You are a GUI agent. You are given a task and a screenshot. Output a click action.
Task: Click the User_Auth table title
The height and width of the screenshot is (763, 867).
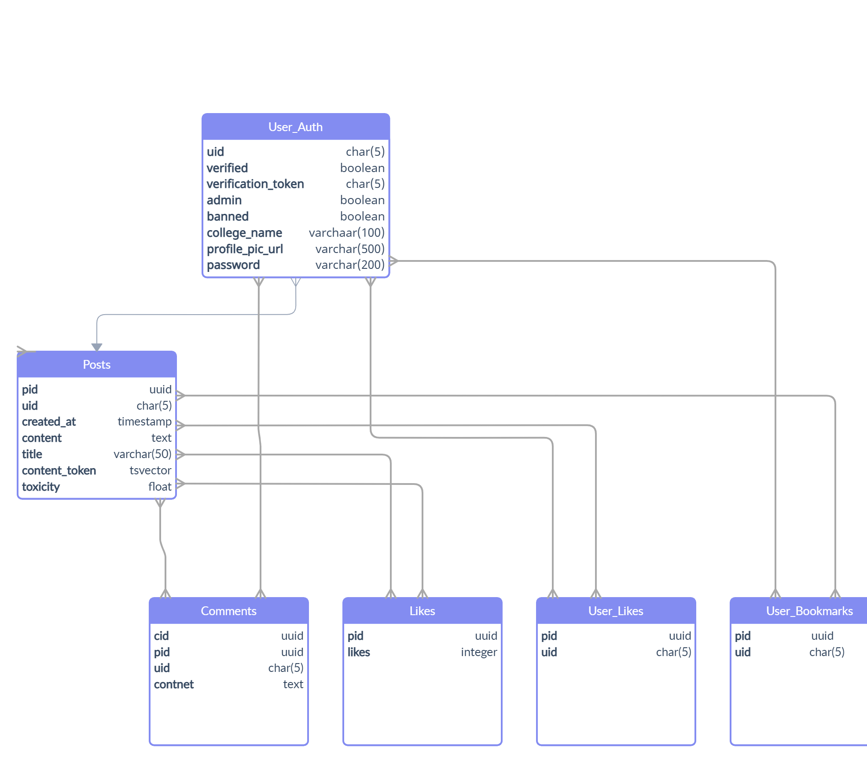(x=295, y=127)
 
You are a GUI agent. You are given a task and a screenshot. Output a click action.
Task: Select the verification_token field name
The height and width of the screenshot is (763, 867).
(x=255, y=184)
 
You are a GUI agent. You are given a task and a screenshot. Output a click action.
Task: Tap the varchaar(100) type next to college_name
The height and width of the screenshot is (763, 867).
(x=346, y=232)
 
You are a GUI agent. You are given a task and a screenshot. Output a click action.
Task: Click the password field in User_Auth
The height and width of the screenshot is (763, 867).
(x=233, y=265)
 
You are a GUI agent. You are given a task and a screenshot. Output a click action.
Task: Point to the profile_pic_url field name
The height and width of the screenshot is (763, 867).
(x=245, y=249)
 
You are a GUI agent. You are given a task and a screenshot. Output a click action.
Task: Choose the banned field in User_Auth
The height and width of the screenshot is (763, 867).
(x=228, y=216)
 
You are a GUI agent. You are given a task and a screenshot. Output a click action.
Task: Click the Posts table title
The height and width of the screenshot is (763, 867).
(x=96, y=365)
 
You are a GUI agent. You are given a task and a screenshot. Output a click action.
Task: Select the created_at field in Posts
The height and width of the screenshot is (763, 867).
(x=49, y=422)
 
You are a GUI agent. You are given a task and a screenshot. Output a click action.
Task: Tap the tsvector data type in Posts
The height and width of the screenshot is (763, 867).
(x=150, y=470)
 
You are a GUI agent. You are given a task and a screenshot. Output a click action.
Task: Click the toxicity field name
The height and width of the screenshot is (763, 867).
(x=41, y=487)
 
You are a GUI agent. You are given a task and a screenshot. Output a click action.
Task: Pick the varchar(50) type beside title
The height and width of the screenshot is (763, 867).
(x=142, y=454)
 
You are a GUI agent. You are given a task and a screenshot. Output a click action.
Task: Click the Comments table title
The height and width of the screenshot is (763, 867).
(x=228, y=611)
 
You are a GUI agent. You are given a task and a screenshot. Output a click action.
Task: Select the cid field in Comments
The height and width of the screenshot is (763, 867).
(x=161, y=636)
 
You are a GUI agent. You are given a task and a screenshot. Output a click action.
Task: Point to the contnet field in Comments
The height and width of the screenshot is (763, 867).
(x=174, y=684)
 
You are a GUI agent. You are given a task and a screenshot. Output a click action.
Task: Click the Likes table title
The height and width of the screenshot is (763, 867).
(x=422, y=611)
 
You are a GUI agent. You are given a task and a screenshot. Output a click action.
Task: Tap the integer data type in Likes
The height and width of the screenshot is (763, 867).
(x=479, y=652)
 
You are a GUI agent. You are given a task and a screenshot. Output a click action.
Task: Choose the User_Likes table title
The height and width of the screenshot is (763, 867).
(x=616, y=611)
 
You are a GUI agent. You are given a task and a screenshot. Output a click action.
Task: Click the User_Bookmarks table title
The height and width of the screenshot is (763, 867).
(x=809, y=611)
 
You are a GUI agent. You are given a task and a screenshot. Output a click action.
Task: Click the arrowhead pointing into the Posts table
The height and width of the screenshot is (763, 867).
(x=97, y=347)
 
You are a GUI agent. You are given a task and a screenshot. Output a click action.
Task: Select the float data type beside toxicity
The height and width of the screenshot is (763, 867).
(x=160, y=487)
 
